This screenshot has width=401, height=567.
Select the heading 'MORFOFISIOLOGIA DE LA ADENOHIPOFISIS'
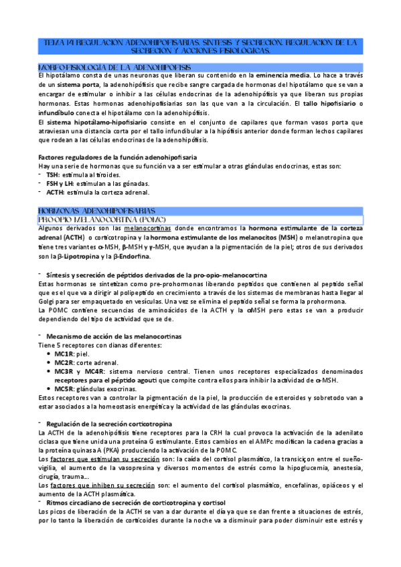click(x=114, y=68)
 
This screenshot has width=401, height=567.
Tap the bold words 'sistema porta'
click(x=81, y=87)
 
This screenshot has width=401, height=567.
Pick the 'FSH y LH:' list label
click(x=62, y=183)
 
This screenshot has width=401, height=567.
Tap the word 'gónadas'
click(x=136, y=183)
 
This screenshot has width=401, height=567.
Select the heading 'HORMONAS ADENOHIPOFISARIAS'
click(x=97, y=210)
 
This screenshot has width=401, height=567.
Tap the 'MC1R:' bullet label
click(x=65, y=354)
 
